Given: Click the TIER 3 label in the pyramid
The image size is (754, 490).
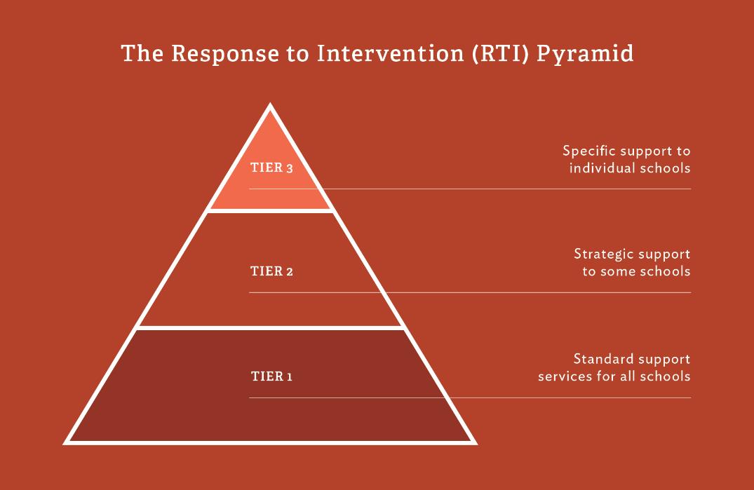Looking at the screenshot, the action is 271,168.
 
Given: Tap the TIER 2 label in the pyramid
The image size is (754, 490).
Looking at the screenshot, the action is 271,271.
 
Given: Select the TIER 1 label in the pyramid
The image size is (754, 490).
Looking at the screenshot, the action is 271,376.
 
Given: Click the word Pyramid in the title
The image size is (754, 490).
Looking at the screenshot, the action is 585,54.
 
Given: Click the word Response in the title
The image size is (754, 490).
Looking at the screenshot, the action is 225,54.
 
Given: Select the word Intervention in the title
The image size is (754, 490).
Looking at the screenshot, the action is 390,53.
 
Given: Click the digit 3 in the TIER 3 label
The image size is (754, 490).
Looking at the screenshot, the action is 290,169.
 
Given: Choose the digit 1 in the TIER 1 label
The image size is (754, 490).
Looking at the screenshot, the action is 290,376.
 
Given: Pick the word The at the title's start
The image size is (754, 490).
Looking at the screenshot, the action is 142,53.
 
